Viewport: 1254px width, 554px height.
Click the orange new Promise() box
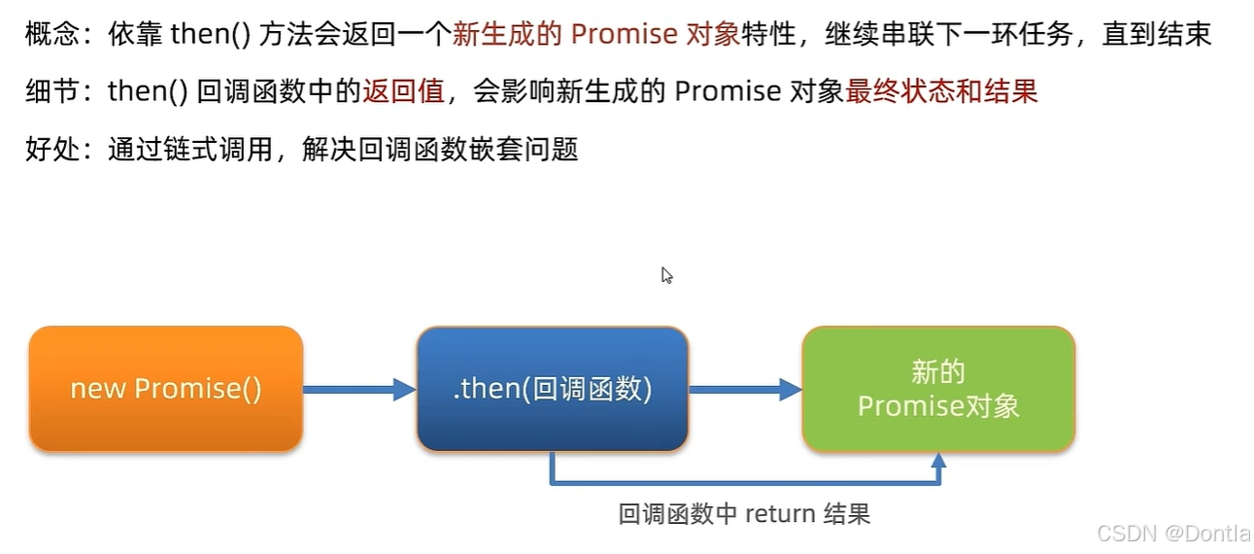(166, 389)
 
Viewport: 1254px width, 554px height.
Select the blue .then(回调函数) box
(552, 389)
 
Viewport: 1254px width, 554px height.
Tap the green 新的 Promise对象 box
(938, 389)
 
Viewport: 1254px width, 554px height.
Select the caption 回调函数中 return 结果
(744, 513)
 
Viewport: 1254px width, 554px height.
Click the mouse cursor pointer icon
(666, 275)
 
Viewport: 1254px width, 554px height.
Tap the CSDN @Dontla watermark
(1173, 533)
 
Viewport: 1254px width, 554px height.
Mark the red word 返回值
(403, 92)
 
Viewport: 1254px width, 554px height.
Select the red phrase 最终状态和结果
(941, 92)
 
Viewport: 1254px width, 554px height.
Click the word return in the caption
(779, 513)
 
